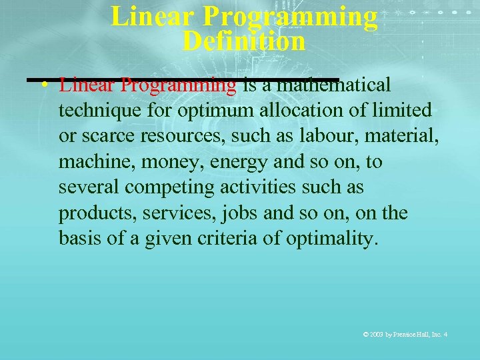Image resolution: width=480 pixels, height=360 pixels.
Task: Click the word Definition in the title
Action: coord(243,41)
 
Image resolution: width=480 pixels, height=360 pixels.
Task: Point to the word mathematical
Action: coord(332,85)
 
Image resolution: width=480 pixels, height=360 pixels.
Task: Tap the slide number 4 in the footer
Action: coord(445,333)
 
